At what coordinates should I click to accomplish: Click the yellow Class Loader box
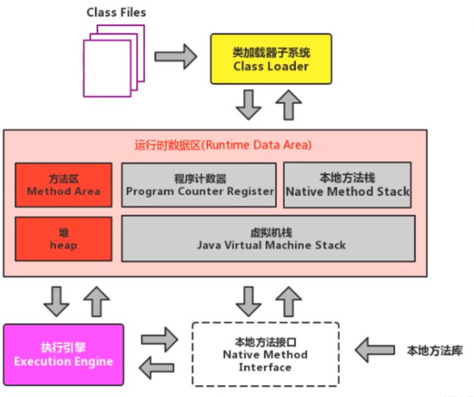point(271,59)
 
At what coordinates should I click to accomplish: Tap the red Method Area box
point(63,185)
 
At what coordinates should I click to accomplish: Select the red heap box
point(63,239)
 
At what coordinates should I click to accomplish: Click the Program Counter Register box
point(199,185)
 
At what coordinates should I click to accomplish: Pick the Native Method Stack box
point(348,185)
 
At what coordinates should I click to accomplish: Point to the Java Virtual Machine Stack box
point(269,239)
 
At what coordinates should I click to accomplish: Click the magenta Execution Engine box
point(63,355)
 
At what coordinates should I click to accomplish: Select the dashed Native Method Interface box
point(266,355)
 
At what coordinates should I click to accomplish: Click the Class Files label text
point(116,12)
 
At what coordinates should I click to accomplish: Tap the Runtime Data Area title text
point(223,145)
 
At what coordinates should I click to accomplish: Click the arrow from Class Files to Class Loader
point(176,56)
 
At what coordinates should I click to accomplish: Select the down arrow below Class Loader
point(248,105)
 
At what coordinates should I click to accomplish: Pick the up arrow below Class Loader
point(289,105)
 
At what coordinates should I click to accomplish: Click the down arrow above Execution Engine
point(56,301)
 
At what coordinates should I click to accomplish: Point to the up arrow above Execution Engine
point(96,301)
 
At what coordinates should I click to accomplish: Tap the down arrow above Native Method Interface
point(248,301)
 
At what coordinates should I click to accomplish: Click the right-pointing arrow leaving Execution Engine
point(159,339)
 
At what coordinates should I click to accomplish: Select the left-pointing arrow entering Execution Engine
point(157,367)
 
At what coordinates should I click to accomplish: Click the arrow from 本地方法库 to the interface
point(375,350)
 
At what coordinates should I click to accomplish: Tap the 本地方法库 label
point(435,350)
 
